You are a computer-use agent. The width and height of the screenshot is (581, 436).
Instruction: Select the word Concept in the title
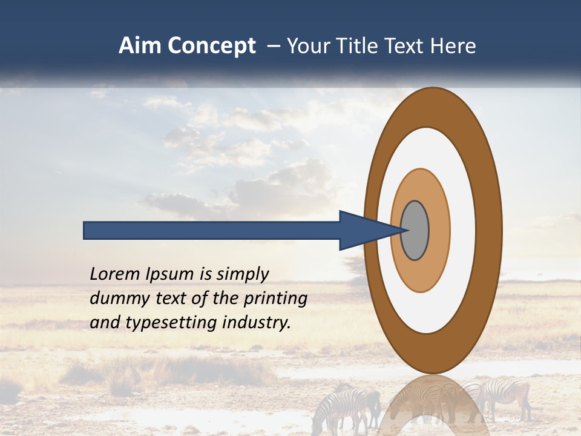click(211, 46)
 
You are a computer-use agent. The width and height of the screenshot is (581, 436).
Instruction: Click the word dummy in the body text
click(114, 299)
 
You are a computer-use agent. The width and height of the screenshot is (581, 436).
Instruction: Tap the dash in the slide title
click(274, 46)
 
